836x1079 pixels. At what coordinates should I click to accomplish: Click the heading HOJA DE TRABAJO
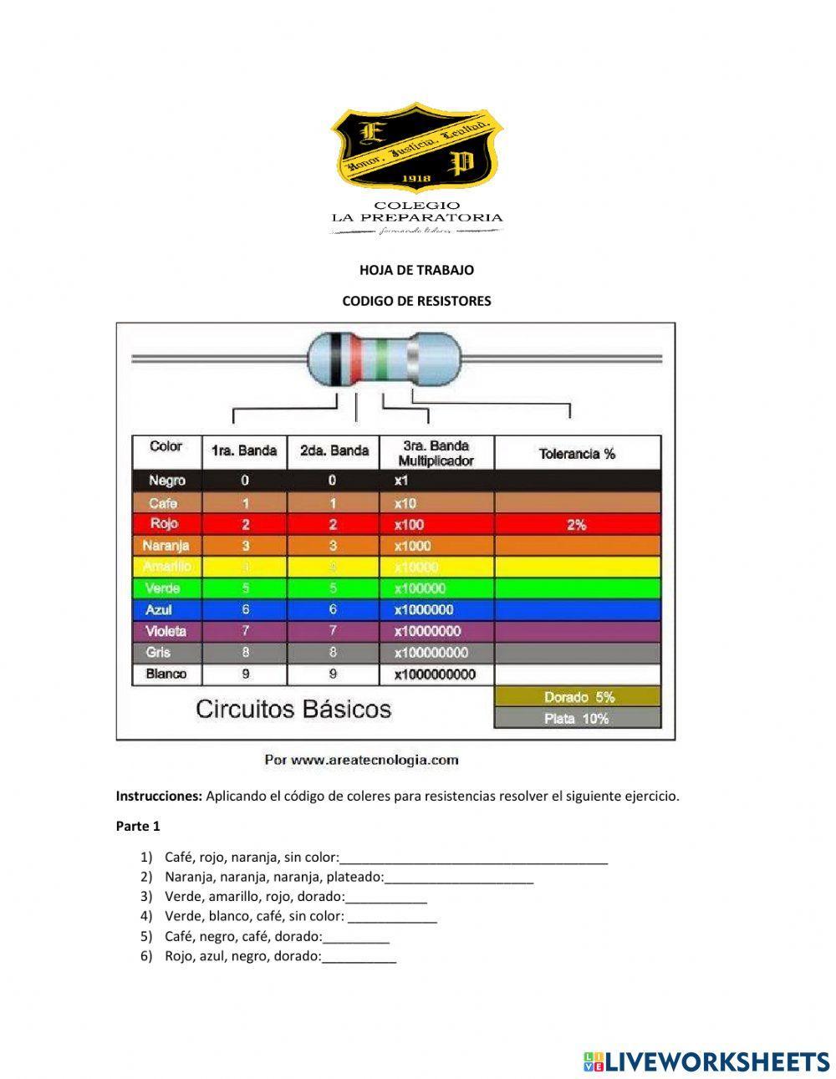point(416,270)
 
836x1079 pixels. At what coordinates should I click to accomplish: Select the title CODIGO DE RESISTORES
point(416,301)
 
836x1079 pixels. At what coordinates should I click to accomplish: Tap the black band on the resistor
point(337,360)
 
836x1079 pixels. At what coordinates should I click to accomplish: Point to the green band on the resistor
point(382,360)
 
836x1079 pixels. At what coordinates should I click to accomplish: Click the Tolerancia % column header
point(577,453)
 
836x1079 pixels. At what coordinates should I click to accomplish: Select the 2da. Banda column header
point(334,451)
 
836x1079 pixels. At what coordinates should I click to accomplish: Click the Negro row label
point(167,481)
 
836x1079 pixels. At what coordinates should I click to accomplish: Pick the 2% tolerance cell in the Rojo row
point(577,525)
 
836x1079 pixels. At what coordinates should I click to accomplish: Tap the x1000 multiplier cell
point(413,546)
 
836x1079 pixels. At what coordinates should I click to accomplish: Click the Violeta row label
point(166,631)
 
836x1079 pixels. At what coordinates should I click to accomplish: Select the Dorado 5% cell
point(579,696)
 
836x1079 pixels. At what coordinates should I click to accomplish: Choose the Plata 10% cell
point(577,718)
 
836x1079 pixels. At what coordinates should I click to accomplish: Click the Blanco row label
point(166,674)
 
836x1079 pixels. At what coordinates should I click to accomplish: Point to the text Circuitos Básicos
point(293,710)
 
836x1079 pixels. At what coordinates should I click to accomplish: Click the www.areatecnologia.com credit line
point(361,760)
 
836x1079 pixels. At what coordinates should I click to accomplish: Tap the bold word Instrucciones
point(159,796)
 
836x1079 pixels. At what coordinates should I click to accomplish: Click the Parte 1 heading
point(137,826)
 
